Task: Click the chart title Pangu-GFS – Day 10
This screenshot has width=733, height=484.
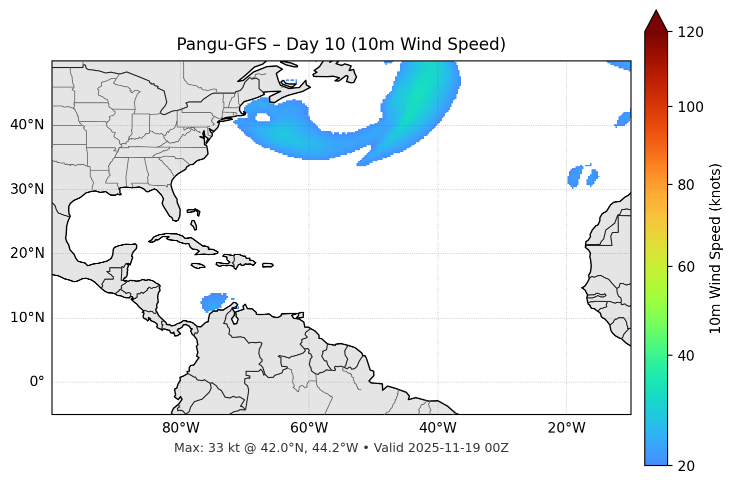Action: click(341, 44)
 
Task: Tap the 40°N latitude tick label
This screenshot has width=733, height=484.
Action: click(27, 125)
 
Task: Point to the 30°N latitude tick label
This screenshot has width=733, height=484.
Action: click(27, 189)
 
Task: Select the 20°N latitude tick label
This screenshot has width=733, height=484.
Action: click(27, 253)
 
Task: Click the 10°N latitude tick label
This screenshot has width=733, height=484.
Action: click(27, 318)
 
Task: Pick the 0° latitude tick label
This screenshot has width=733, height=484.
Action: click(37, 382)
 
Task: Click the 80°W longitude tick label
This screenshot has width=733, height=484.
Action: click(180, 428)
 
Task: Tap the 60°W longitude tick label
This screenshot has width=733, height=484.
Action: click(309, 428)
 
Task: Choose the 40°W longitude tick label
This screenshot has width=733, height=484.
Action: click(438, 428)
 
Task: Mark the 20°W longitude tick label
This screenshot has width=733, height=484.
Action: click(566, 428)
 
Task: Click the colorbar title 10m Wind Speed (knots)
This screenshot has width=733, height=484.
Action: click(716, 248)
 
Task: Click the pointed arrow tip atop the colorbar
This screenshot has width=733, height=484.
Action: click(656, 12)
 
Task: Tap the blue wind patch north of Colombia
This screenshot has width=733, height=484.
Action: click(214, 302)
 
